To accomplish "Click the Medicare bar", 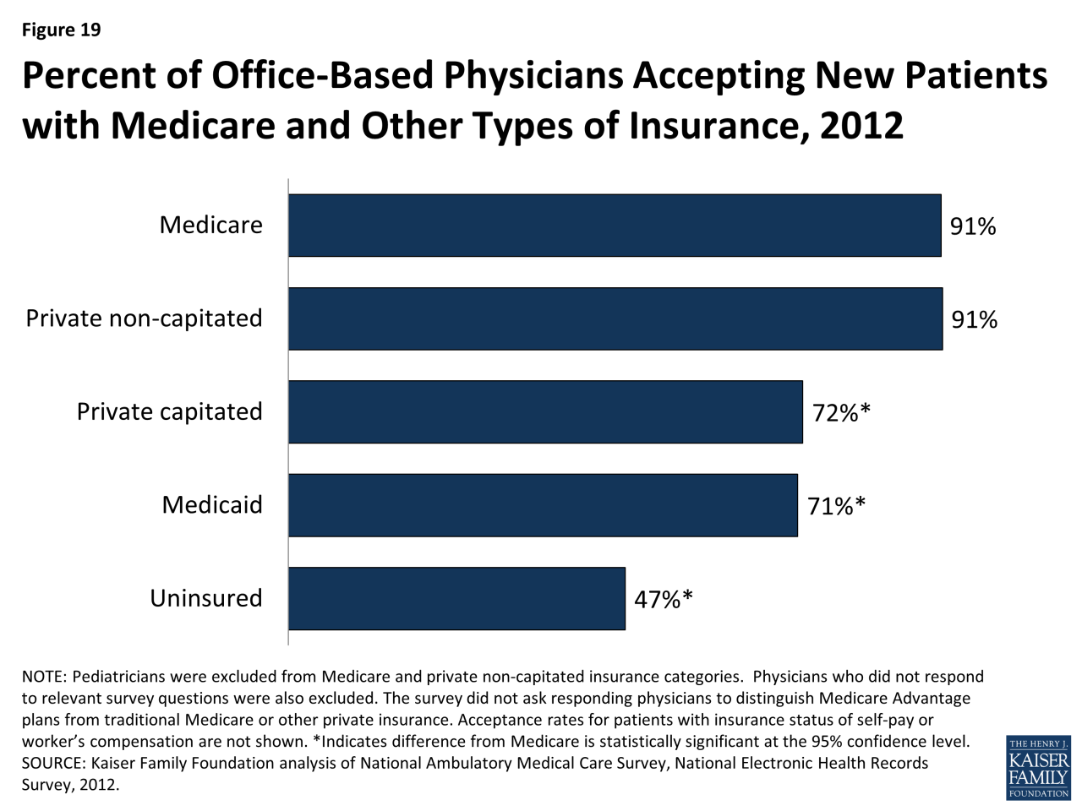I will click(x=615, y=226).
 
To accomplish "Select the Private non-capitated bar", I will click(x=615, y=318).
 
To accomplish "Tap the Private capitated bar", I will click(x=545, y=412).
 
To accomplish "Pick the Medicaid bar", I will click(x=543, y=505).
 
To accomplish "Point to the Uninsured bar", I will click(x=456, y=598).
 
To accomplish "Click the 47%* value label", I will click(x=664, y=599).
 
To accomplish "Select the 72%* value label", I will click(x=841, y=412).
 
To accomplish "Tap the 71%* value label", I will click(x=836, y=506).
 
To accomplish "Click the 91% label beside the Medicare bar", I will click(x=973, y=226).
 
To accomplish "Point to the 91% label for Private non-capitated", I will click(x=975, y=319).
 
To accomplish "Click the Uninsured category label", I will click(x=206, y=598).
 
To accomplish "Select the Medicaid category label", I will click(x=212, y=505).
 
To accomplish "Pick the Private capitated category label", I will click(x=170, y=411).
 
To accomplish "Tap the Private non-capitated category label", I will click(x=145, y=318).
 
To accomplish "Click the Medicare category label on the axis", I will click(x=211, y=225).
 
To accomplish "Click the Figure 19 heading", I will click(x=61, y=30).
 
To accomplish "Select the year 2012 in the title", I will click(x=861, y=126).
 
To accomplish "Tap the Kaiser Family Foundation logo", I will click(x=1038, y=767).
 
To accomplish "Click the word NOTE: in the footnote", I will click(x=44, y=677).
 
